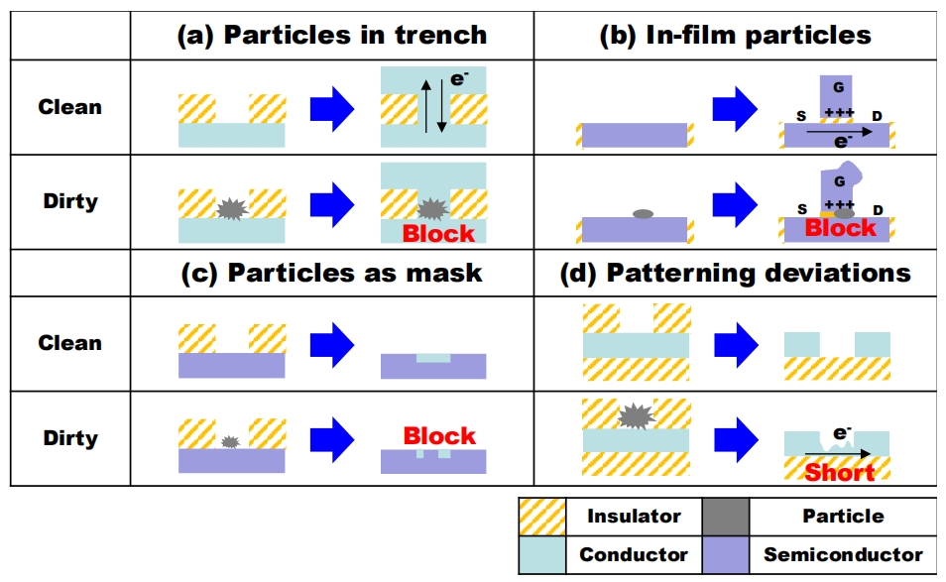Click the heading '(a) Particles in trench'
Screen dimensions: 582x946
331,36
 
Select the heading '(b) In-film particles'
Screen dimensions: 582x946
736,36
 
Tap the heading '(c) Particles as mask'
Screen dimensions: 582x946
331,273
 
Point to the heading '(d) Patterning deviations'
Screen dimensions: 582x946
736,273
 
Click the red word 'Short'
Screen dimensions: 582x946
839,472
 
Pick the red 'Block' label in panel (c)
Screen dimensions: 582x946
439,436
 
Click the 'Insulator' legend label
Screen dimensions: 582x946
634,517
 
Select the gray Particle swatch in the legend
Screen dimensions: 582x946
725,517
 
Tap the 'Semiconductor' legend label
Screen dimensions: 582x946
843,555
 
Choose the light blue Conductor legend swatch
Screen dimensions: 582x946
542,555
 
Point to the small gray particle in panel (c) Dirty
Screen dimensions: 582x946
230,441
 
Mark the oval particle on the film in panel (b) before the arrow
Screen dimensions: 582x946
643,213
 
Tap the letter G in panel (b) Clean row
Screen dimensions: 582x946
838,88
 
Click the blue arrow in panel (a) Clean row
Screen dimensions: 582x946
332,108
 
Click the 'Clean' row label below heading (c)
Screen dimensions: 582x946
69,343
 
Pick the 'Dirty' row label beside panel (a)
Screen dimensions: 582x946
69,201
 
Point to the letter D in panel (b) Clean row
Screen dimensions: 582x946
877,117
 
